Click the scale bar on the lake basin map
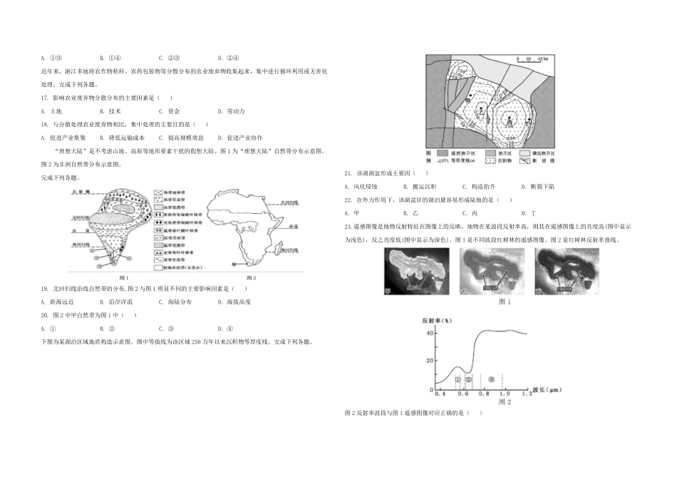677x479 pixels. click(x=531, y=60)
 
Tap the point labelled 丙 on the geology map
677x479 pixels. click(x=510, y=122)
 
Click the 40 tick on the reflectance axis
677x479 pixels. click(x=430, y=333)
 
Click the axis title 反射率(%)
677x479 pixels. click(x=435, y=321)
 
